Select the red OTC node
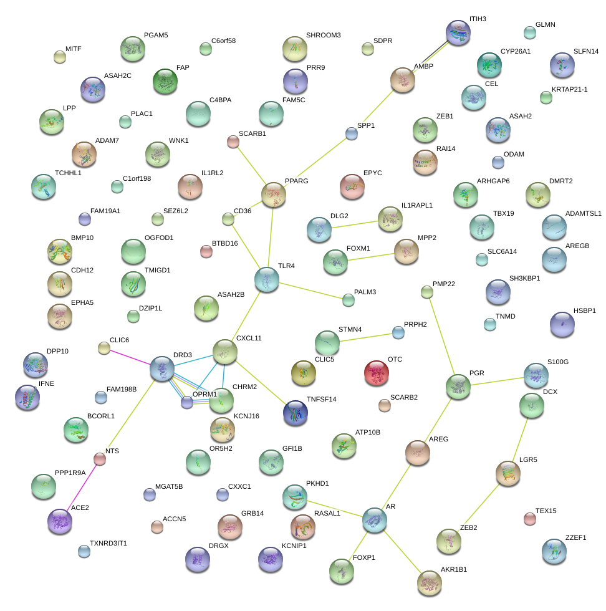click(376, 372)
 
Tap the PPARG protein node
click(273, 195)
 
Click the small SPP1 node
click(351, 133)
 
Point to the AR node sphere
click(374, 519)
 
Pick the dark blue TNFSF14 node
click(295, 412)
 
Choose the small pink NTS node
click(99, 459)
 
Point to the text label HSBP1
click(585, 310)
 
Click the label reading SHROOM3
click(323, 35)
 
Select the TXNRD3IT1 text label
click(108, 543)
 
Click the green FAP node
click(165, 80)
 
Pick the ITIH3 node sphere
click(458, 32)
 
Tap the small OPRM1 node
click(186, 402)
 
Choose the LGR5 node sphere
click(507, 473)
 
